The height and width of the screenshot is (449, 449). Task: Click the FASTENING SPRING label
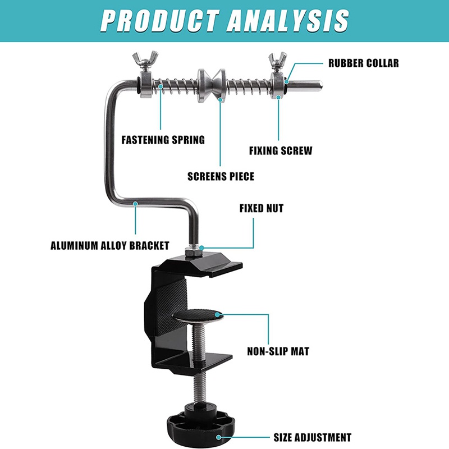(163, 140)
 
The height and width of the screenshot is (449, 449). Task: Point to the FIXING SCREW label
(281, 150)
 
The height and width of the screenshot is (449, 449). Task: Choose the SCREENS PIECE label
(221, 176)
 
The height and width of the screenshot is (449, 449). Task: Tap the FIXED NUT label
(262, 208)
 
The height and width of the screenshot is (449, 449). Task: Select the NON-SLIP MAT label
(278, 352)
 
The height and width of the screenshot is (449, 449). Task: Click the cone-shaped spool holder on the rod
(211, 85)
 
